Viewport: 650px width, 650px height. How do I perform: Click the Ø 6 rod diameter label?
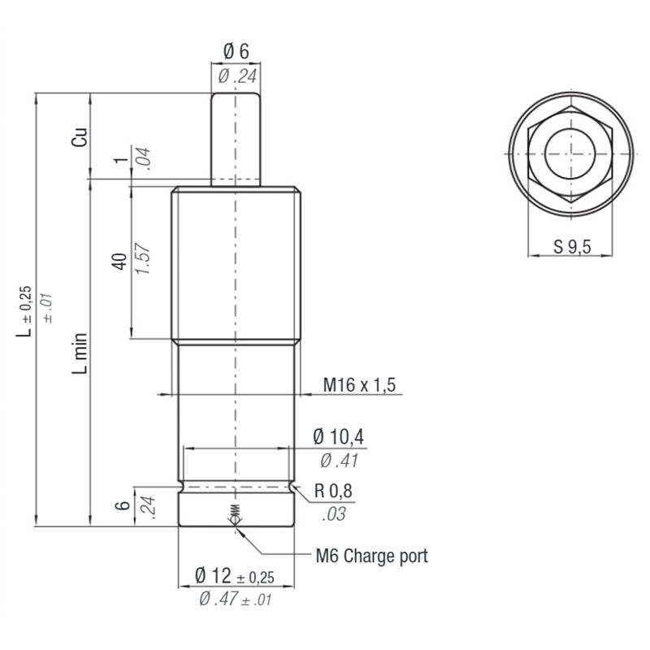pyautogui.click(x=236, y=51)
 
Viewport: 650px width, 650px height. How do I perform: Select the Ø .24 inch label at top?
pyautogui.click(x=237, y=76)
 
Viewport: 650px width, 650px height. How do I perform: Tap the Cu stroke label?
pyautogui.click(x=80, y=136)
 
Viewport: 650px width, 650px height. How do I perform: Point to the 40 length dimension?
pyautogui.click(x=119, y=261)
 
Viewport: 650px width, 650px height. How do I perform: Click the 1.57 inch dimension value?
pyautogui.click(x=143, y=258)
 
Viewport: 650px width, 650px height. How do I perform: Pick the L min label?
pyautogui.click(x=80, y=353)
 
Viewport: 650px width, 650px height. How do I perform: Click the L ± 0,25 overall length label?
pyautogui.click(x=24, y=311)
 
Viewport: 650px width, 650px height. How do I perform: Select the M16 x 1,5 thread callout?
pyautogui.click(x=359, y=384)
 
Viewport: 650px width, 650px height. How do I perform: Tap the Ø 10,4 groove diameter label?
pyautogui.click(x=339, y=437)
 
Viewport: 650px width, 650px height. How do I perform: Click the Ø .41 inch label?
pyautogui.click(x=339, y=461)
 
